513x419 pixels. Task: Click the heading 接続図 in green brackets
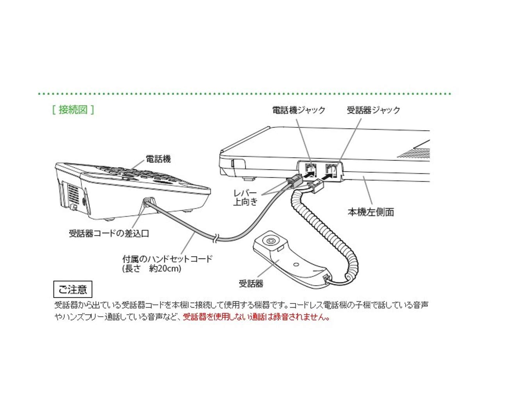pyautogui.click(x=73, y=109)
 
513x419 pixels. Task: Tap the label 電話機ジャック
pyautogui.click(x=299, y=110)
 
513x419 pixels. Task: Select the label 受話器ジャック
pyautogui.click(x=374, y=110)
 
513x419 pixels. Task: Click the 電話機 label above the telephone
pyautogui.click(x=158, y=159)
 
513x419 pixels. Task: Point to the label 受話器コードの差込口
pyautogui.click(x=109, y=234)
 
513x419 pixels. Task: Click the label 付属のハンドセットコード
pyautogui.click(x=167, y=259)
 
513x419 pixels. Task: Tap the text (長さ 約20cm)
pyautogui.click(x=152, y=269)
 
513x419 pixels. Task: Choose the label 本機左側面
pyautogui.click(x=371, y=212)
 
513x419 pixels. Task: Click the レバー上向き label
pyautogui.click(x=245, y=197)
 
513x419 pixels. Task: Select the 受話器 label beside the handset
pyautogui.click(x=251, y=283)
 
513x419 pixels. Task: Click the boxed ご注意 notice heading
pyautogui.click(x=73, y=289)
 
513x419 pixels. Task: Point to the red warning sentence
pyautogui.click(x=256, y=317)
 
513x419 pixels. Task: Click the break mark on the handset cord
pyautogui.click(x=215, y=237)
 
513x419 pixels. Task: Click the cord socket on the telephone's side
pyautogui.click(x=146, y=202)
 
